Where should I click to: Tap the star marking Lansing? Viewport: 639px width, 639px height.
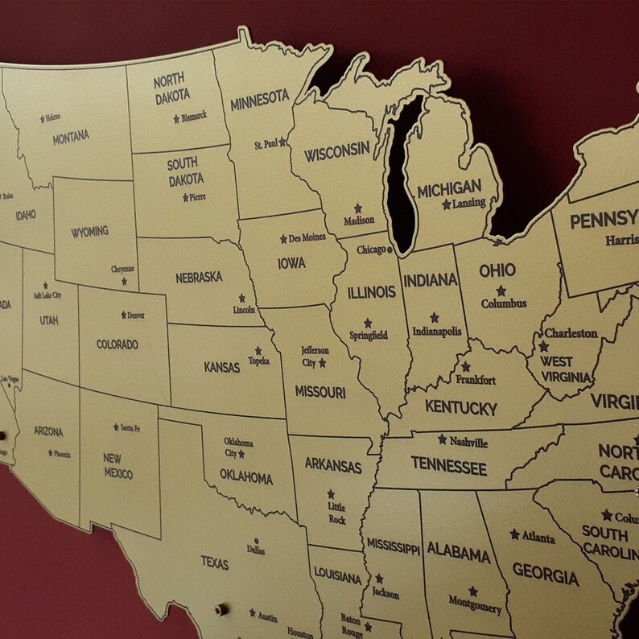[x=446, y=204]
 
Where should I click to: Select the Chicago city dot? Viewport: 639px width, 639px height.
[x=390, y=249]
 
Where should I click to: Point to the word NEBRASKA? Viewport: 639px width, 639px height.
[x=199, y=278]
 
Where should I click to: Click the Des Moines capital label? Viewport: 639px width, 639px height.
[x=307, y=238]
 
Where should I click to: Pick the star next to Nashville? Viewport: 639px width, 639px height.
[x=442, y=439]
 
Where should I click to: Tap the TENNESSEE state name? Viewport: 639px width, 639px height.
[x=448, y=466]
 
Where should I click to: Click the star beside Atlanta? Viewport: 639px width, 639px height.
[x=514, y=534]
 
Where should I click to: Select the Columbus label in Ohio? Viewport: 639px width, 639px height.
[x=504, y=303]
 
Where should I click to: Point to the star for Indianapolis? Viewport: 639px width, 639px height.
[x=435, y=317]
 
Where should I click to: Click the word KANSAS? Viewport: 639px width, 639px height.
[x=221, y=367]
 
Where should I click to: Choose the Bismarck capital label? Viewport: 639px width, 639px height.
[x=194, y=116]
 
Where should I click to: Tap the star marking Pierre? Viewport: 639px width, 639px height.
[x=185, y=197]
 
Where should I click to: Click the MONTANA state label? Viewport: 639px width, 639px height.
[x=71, y=138]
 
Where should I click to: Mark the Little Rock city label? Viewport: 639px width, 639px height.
[x=336, y=513]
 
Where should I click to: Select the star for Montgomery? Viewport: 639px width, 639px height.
[x=472, y=591]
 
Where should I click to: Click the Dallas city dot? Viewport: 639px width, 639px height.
[x=256, y=541]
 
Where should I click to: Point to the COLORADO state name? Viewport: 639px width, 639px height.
[x=117, y=344]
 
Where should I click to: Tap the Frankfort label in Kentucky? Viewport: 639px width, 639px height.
[x=476, y=380]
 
